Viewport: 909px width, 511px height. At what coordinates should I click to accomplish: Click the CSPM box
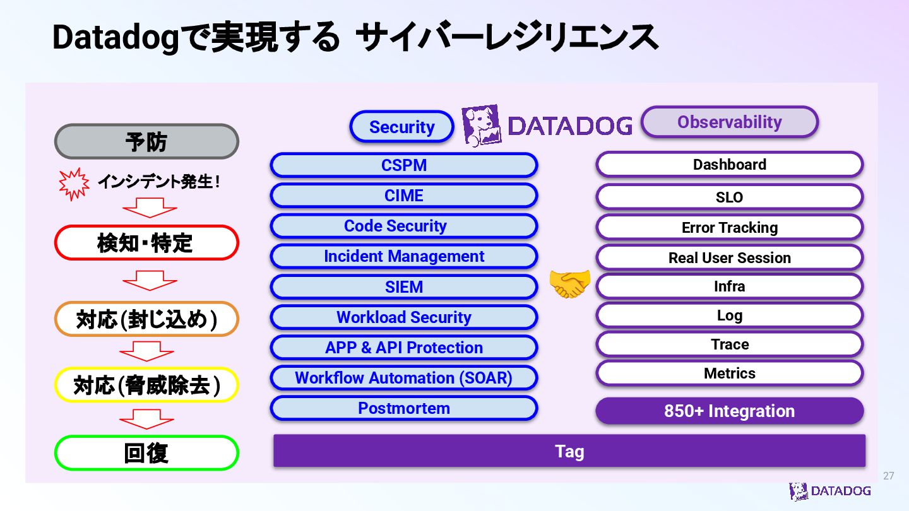404,165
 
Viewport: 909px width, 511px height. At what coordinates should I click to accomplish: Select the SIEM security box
404,287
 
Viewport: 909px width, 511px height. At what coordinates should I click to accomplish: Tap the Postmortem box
404,408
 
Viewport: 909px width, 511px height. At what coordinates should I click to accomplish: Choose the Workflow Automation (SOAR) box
404,378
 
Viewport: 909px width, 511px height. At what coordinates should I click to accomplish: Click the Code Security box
404,226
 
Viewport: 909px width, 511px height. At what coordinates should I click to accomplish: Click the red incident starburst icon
74,184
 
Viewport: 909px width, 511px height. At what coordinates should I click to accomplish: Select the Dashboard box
729,165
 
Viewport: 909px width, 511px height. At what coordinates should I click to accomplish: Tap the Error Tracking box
729,227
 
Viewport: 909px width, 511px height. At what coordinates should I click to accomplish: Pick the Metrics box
729,373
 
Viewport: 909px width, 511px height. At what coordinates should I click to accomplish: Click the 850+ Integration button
729,411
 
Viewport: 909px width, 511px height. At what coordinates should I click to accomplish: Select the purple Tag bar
569,451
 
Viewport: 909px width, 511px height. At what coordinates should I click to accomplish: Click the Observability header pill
729,122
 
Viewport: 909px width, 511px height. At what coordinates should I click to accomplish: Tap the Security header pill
401,127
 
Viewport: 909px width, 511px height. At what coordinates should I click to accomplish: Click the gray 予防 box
146,141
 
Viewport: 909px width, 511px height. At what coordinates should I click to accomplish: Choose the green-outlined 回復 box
146,453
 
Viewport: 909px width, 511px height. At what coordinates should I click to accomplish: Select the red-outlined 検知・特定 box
146,243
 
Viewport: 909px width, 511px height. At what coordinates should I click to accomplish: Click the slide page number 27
888,476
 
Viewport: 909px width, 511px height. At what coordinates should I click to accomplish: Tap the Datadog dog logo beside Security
482,126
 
